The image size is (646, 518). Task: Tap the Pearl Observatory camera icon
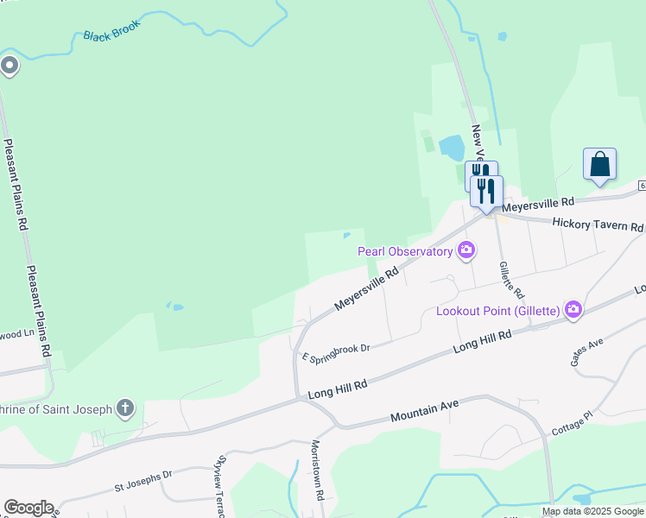467,251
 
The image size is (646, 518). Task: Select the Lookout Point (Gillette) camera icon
573,310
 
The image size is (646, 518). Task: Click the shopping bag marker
599,164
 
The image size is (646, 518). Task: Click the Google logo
28,508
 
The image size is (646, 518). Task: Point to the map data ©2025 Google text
593,512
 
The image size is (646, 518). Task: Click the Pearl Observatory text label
405,251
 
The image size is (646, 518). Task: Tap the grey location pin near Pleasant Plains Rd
9,66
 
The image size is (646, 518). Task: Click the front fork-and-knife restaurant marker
487,191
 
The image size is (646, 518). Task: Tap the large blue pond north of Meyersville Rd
451,148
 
